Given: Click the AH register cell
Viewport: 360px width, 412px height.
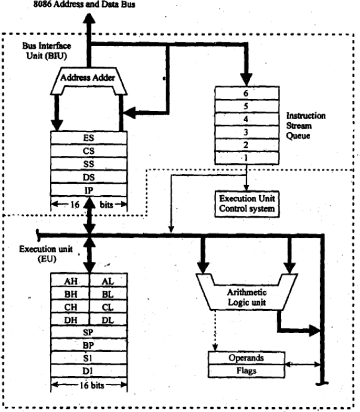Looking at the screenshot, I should pos(69,281).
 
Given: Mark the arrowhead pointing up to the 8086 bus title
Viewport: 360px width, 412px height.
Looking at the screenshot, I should pos(90,20).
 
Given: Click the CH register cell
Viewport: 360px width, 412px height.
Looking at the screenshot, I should pos(69,307).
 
